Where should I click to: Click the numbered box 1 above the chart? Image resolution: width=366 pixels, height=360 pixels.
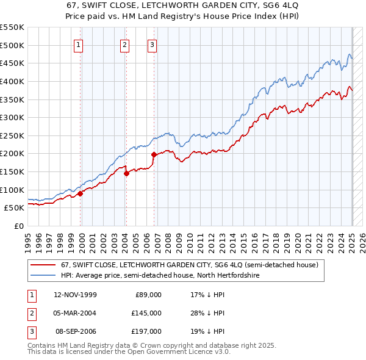(80, 44)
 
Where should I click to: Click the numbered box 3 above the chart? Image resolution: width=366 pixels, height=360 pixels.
(151, 44)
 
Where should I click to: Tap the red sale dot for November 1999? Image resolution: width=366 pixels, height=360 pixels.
(80, 193)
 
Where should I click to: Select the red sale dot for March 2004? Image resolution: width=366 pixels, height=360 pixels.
(126, 173)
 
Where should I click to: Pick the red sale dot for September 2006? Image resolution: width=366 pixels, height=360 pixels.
(154, 154)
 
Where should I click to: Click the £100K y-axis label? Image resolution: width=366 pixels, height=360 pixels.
(12, 190)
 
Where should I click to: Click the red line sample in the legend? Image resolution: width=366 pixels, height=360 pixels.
(44, 265)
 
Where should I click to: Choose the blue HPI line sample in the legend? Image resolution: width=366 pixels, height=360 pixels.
(44, 276)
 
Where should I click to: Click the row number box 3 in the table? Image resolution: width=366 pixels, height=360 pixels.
(31, 331)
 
